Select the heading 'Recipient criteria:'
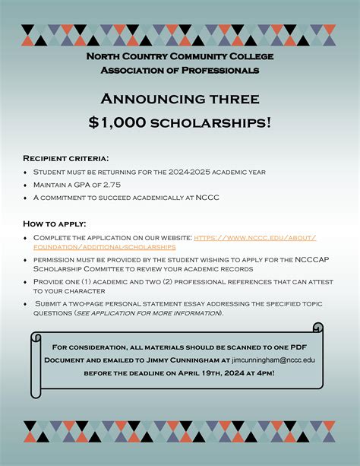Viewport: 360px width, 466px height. [x=66, y=158]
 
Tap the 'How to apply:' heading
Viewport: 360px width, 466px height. [x=54, y=223]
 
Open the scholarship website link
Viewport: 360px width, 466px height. [x=254, y=238]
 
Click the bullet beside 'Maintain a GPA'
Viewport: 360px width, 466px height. [x=27, y=185]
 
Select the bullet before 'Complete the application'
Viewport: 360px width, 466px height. [x=27, y=238]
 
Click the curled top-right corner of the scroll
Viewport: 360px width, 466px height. [x=317, y=328]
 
